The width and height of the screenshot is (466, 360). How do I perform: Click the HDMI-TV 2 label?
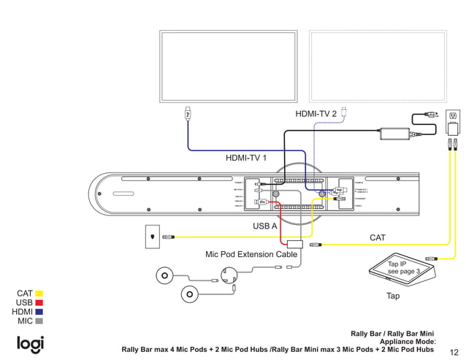click(x=316, y=114)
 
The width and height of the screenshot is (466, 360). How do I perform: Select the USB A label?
click(x=265, y=226)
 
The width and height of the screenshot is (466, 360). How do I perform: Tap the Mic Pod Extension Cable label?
click(x=251, y=255)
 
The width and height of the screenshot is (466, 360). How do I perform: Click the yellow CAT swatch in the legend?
click(x=39, y=294)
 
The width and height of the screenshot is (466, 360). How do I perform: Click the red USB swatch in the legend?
click(x=39, y=302)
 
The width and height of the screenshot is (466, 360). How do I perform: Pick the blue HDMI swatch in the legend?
click(x=39, y=312)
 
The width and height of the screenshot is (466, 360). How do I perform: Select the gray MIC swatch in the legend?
click(x=39, y=321)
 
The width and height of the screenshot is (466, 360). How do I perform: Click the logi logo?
click(x=31, y=344)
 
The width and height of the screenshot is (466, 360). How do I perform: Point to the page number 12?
click(x=454, y=351)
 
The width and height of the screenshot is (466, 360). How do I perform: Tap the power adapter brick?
click(x=394, y=134)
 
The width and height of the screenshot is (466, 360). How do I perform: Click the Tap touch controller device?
click(x=402, y=270)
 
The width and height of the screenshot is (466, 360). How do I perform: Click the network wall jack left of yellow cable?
click(x=151, y=237)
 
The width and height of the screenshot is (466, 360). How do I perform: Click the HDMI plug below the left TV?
click(x=188, y=113)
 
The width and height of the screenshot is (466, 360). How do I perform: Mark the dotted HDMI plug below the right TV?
click(x=345, y=112)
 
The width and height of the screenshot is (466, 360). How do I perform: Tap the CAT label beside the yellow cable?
click(x=378, y=237)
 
